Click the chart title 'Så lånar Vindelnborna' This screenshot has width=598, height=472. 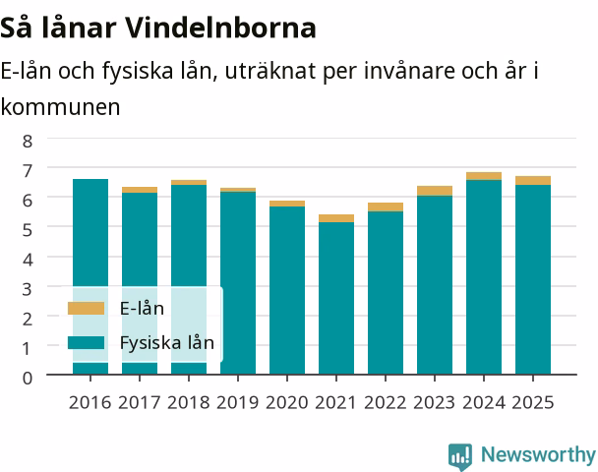coord(158,28)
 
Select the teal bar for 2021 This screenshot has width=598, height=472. coord(336,298)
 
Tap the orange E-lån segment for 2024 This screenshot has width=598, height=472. coord(484,176)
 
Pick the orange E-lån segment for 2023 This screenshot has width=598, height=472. coord(435,191)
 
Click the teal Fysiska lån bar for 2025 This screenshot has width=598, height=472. coord(533,279)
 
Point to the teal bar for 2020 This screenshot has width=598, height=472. coord(287,290)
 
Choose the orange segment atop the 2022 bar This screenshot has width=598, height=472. coord(386,207)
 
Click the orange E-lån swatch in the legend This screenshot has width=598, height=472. coord(86,309)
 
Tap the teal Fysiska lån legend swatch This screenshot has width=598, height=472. coord(86,342)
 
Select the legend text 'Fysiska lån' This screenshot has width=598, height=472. coord(167,343)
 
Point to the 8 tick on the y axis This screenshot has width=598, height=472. coord(28,141)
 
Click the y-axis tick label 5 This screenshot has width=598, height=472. coord(28,230)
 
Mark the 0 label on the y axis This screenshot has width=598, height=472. coord(28,379)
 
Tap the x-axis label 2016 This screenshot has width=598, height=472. coord(90,402)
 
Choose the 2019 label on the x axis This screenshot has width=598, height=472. coord(238,402)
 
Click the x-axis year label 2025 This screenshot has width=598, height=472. coord(533,402)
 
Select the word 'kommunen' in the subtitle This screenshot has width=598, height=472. coord(60,107)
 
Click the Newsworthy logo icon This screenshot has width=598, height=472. coord(460,456)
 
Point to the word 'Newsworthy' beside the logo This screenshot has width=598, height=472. coord(539,454)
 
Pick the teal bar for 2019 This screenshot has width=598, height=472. coord(238,283)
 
